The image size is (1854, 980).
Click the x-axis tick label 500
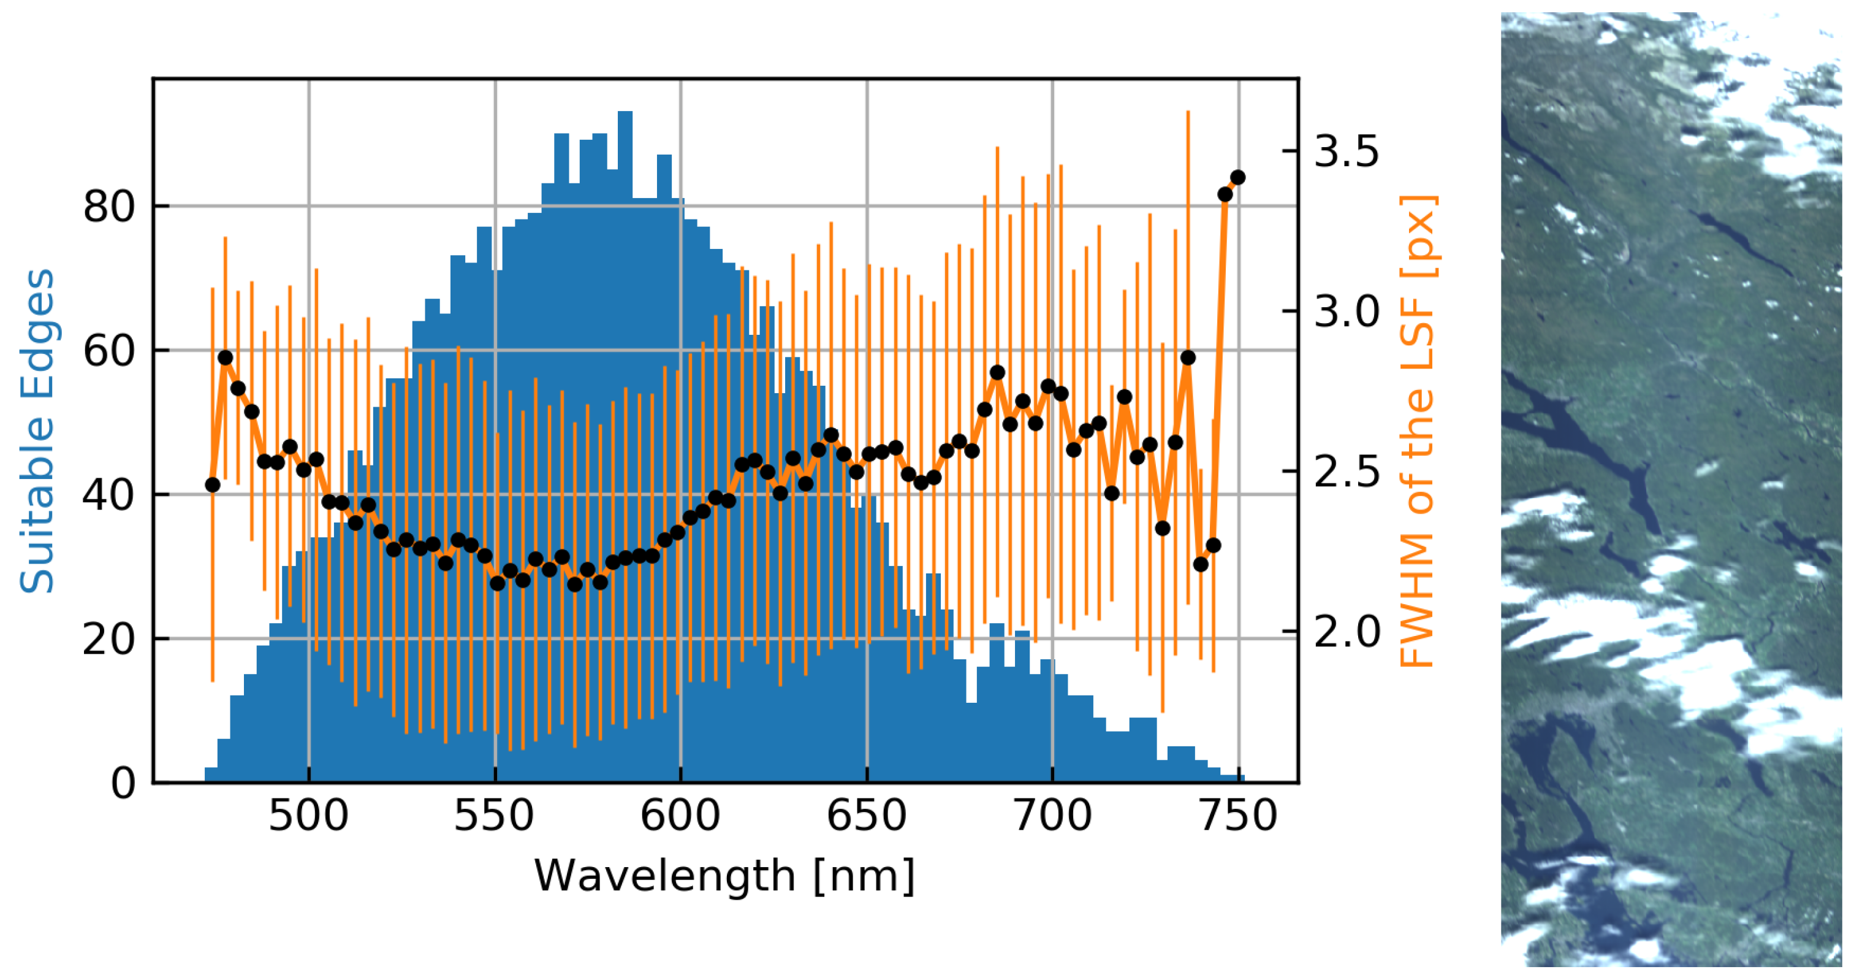click(308, 816)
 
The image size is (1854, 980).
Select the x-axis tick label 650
click(867, 816)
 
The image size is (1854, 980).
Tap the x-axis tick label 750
click(1238, 816)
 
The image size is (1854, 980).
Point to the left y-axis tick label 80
click(108, 207)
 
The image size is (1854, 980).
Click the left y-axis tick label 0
click(123, 783)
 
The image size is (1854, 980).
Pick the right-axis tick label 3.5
click(1346, 151)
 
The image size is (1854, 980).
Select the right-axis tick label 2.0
click(1346, 632)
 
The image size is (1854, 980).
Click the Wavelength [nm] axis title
click(724, 876)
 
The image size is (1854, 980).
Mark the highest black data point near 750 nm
click(1238, 178)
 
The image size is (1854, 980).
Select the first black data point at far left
click(212, 485)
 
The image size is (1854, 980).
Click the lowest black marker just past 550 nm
click(497, 583)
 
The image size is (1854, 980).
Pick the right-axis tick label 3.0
click(1346, 312)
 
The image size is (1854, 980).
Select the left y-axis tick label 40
click(108, 496)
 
